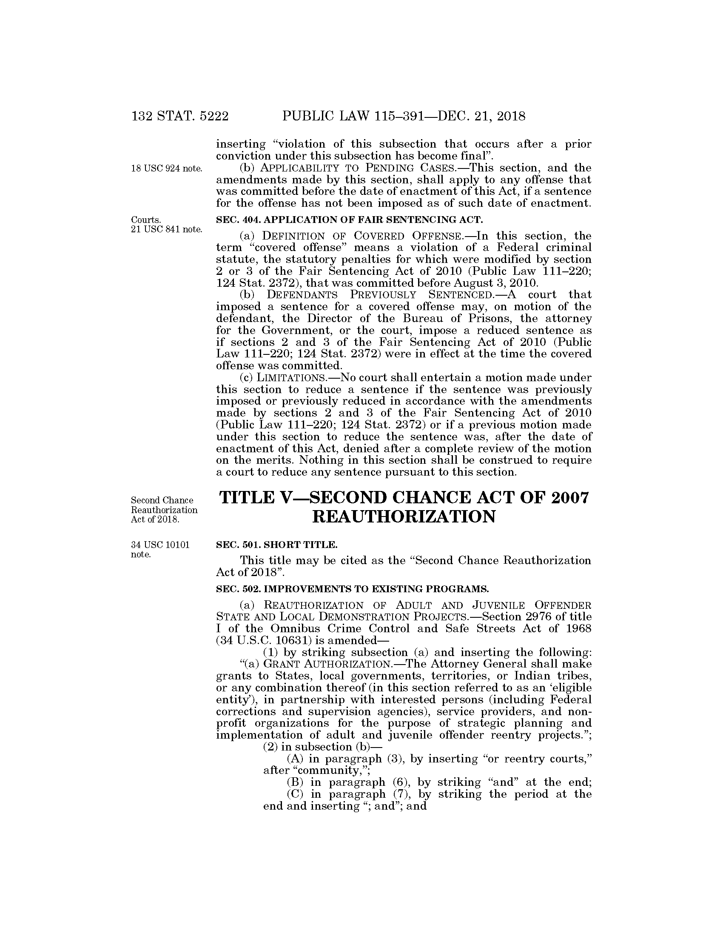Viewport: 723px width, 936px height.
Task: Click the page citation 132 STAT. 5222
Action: click(x=180, y=116)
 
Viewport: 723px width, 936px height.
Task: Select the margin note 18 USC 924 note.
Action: click(x=167, y=168)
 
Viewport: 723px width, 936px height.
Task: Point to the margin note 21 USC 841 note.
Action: click(x=167, y=230)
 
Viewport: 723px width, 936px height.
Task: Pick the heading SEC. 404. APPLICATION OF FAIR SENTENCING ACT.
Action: click(x=349, y=220)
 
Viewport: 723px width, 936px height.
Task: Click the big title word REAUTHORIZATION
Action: click(x=404, y=517)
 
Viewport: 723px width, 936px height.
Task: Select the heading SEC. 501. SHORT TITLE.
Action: click(x=277, y=545)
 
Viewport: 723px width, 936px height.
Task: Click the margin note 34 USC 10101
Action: click(x=160, y=545)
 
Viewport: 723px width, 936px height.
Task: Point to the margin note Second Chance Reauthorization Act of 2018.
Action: click(x=164, y=510)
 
